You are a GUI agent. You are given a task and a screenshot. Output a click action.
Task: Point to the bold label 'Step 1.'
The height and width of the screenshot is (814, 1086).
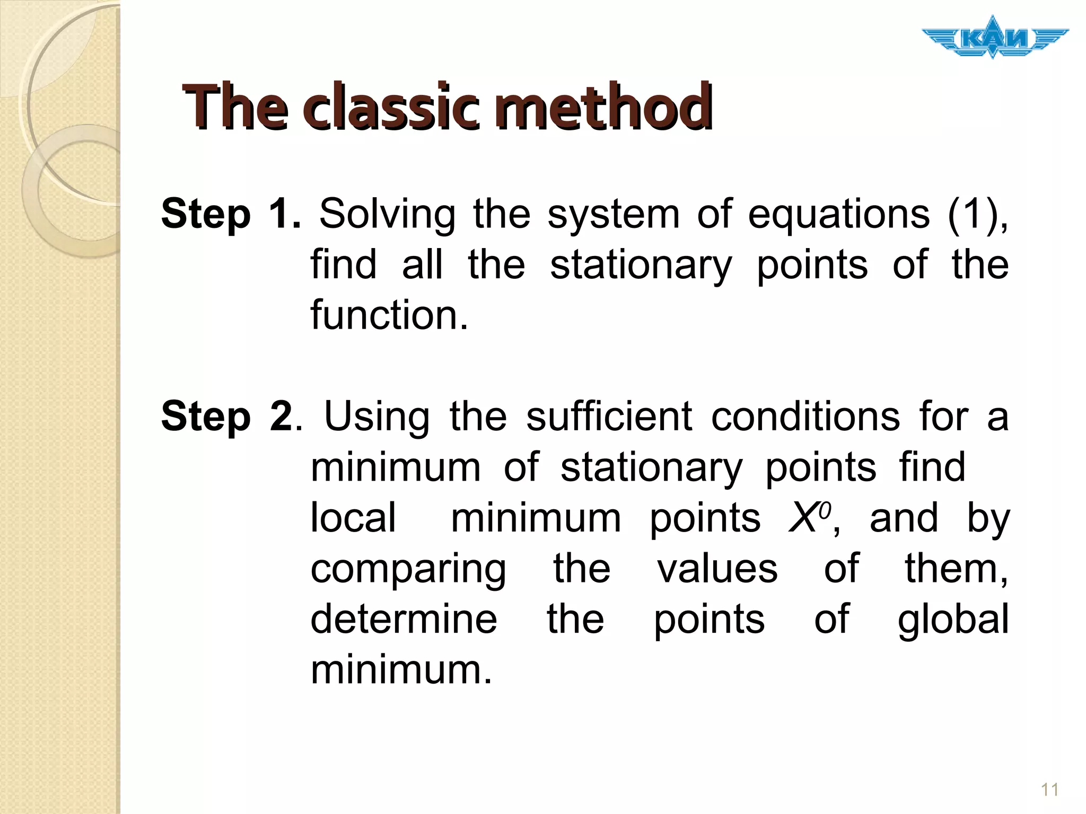pyautogui.click(x=231, y=214)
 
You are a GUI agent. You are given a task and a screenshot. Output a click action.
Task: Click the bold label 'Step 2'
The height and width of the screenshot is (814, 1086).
pyautogui.click(x=226, y=417)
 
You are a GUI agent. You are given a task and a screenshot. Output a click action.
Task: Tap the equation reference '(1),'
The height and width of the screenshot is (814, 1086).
pyautogui.click(x=978, y=214)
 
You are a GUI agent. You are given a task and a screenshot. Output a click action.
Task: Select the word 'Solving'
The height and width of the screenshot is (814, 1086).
pyautogui.click(x=387, y=214)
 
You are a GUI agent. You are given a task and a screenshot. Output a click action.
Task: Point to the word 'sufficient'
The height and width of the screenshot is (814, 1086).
pyautogui.click(x=609, y=417)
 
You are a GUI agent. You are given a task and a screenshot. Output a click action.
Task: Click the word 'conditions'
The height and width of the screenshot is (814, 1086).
pyautogui.click(x=805, y=417)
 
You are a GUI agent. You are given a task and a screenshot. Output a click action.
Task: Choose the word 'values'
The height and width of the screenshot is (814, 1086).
pyautogui.click(x=717, y=568)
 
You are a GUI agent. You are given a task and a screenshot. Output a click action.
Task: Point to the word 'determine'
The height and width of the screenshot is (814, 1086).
pyautogui.click(x=404, y=618)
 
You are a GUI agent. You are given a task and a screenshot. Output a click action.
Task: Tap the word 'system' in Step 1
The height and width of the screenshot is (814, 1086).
pyautogui.click(x=614, y=215)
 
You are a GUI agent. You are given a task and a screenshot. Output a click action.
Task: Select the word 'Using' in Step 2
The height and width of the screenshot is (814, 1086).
pyautogui.click(x=376, y=418)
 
